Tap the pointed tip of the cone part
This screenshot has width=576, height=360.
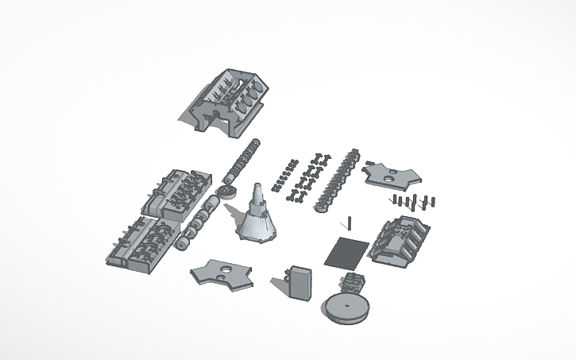[258, 188]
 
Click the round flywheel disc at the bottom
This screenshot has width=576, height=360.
[346, 308]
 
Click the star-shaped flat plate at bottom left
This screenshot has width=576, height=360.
[222, 272]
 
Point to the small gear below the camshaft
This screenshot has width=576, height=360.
[226, 194]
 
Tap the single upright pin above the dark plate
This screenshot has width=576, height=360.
[348, 222]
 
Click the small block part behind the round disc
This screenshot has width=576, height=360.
[353, 281]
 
